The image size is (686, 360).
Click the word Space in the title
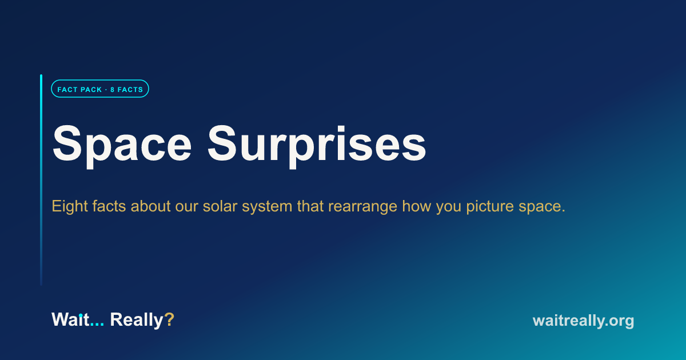pos(122,146)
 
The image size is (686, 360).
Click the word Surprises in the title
pos(317,146)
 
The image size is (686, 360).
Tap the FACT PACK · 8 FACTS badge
pos(100,89)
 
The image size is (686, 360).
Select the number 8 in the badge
pos(113,90)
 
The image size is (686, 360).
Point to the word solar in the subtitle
pos(220,206)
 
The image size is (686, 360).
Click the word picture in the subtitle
pos(490,207)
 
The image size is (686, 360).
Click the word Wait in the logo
pos(70,319)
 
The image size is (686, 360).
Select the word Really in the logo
pos(137,320)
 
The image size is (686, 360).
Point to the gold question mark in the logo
pos(169,319)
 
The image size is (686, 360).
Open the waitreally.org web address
pos(583,321)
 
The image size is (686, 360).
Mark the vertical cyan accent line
pos(41,180)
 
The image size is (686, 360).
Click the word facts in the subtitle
pos(109,206)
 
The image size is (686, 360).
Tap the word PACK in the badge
pos(90,90)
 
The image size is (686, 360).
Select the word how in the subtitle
pos(417,206)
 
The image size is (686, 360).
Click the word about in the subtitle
pos(150,206)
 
